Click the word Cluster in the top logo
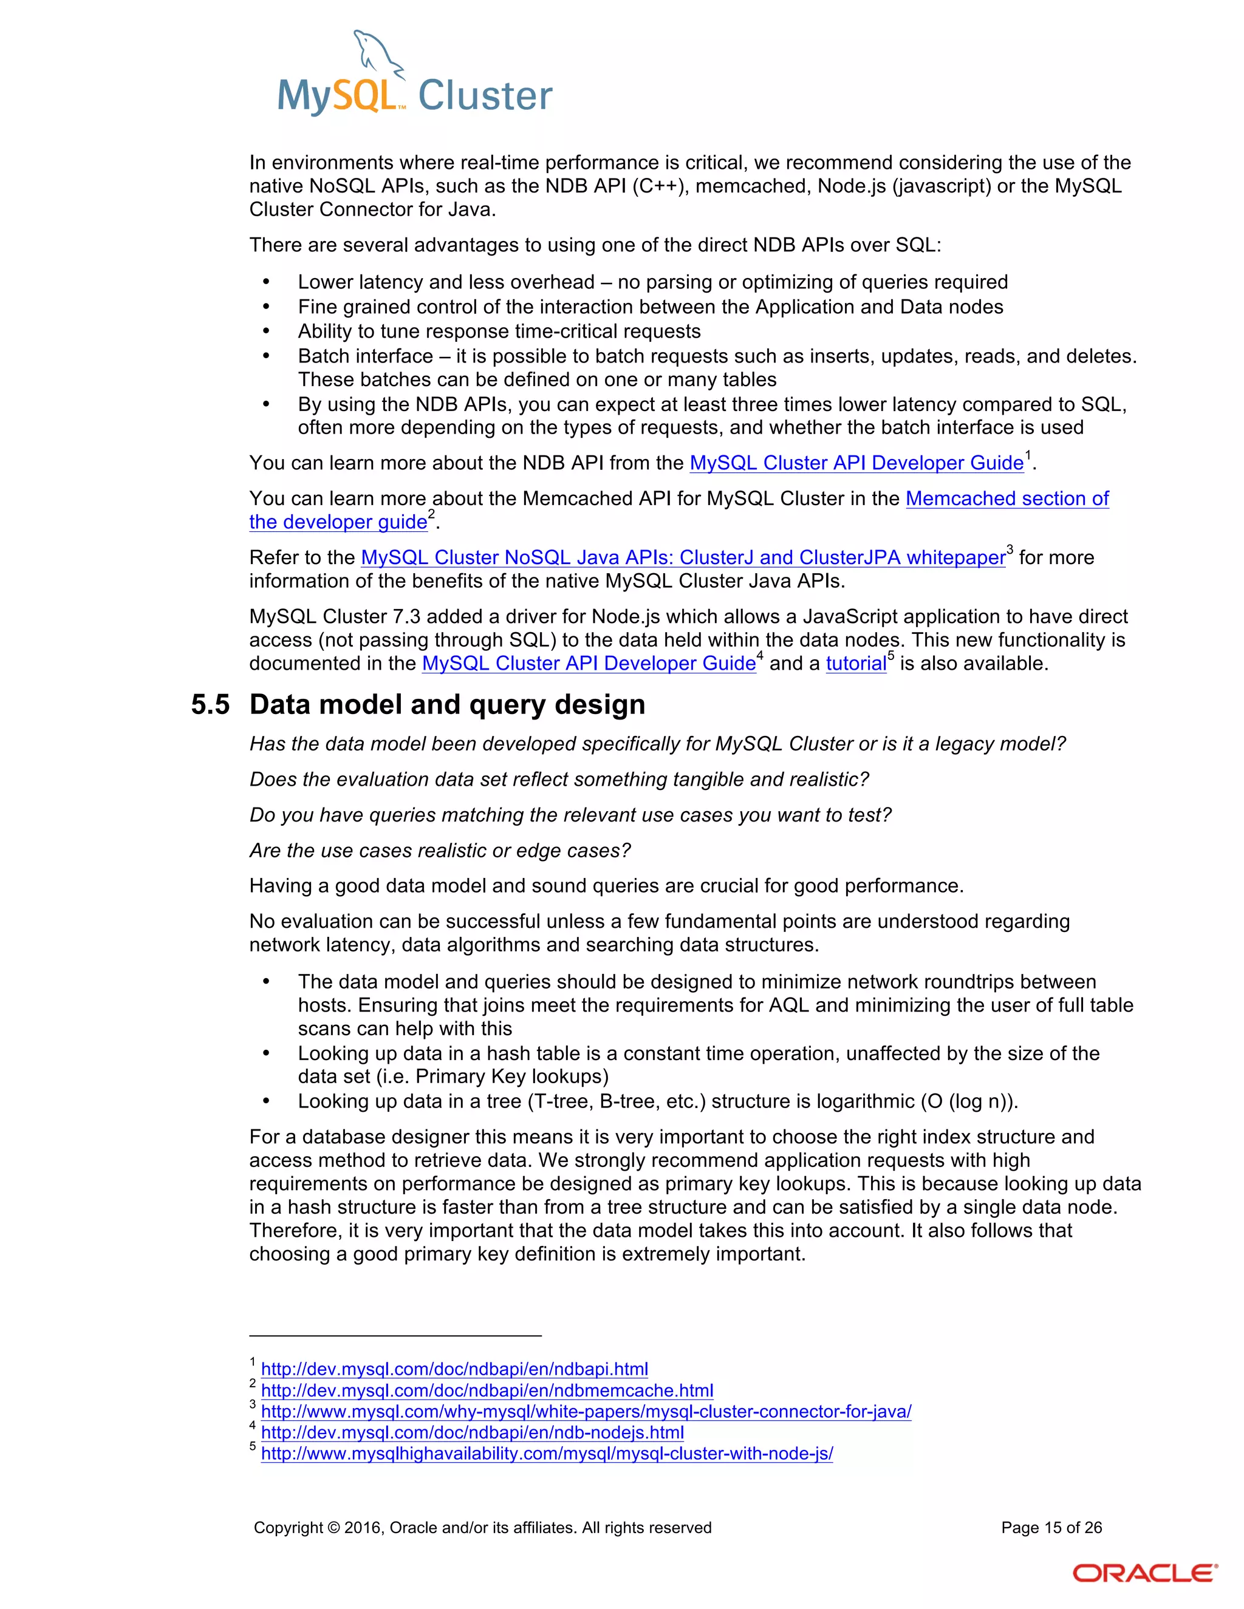485,97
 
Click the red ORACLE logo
1144,1574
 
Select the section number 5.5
210,705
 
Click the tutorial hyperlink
856,664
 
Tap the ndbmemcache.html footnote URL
487,1390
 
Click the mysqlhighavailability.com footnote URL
547,1454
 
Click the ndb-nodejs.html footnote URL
473,1432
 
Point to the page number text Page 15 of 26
1051,1527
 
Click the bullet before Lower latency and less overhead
266,283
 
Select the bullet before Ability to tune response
266,332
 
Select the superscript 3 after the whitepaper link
1010,549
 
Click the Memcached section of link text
1006,498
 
